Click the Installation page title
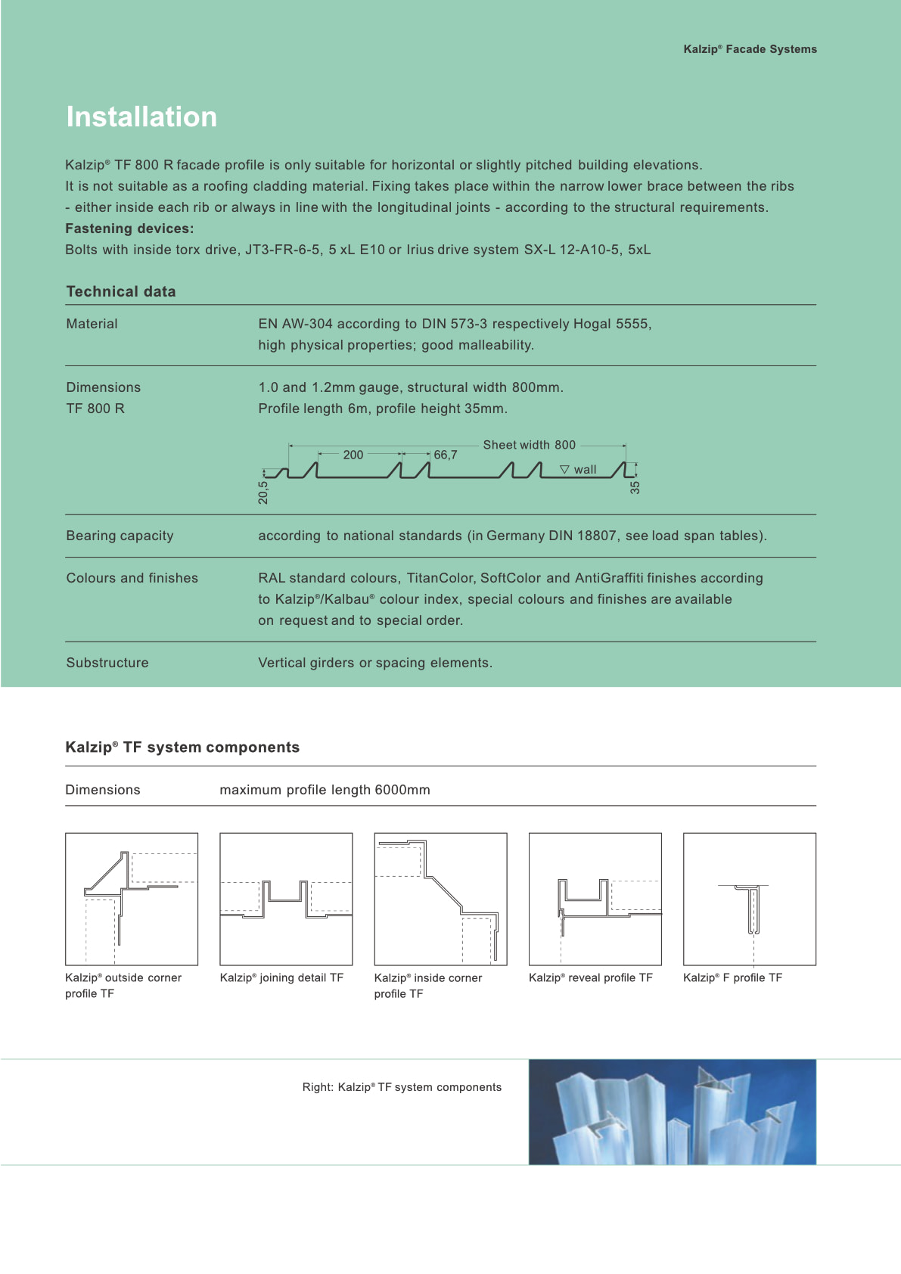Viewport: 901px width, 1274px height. [x=141, y=117]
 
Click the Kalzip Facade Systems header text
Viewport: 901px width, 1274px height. [x=750, y=49]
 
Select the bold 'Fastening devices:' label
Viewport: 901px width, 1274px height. [x=129, y=228]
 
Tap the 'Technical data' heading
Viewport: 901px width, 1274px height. [x=121, y=291]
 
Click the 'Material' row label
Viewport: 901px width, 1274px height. [x=92, y=324]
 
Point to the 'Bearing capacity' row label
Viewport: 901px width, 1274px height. [x=120, y=536]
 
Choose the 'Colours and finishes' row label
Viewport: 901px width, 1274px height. [x=132, y=578]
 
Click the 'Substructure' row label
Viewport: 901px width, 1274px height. [x=107, y=663]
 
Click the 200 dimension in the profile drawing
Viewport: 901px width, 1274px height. [x=353, y=455]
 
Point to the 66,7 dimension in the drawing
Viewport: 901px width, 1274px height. [x=445, y=455]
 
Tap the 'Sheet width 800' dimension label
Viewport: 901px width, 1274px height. [x=529, y=445]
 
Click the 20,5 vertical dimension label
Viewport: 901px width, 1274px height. [x=263, y=493]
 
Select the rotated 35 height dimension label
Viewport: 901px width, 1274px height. [x=635, y=487]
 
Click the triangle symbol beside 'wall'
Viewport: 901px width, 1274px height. [x=564, y=470]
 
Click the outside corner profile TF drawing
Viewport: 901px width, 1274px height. [x=132, y=899]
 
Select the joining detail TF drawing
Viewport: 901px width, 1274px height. [x=286, y=899]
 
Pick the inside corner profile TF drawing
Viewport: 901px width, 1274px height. [x=440, y=899]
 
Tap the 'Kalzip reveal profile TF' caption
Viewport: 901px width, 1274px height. [x=590, y=977]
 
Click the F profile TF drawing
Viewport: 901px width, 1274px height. [x=749, y=899]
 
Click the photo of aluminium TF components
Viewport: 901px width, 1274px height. [x=672, y=1111]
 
